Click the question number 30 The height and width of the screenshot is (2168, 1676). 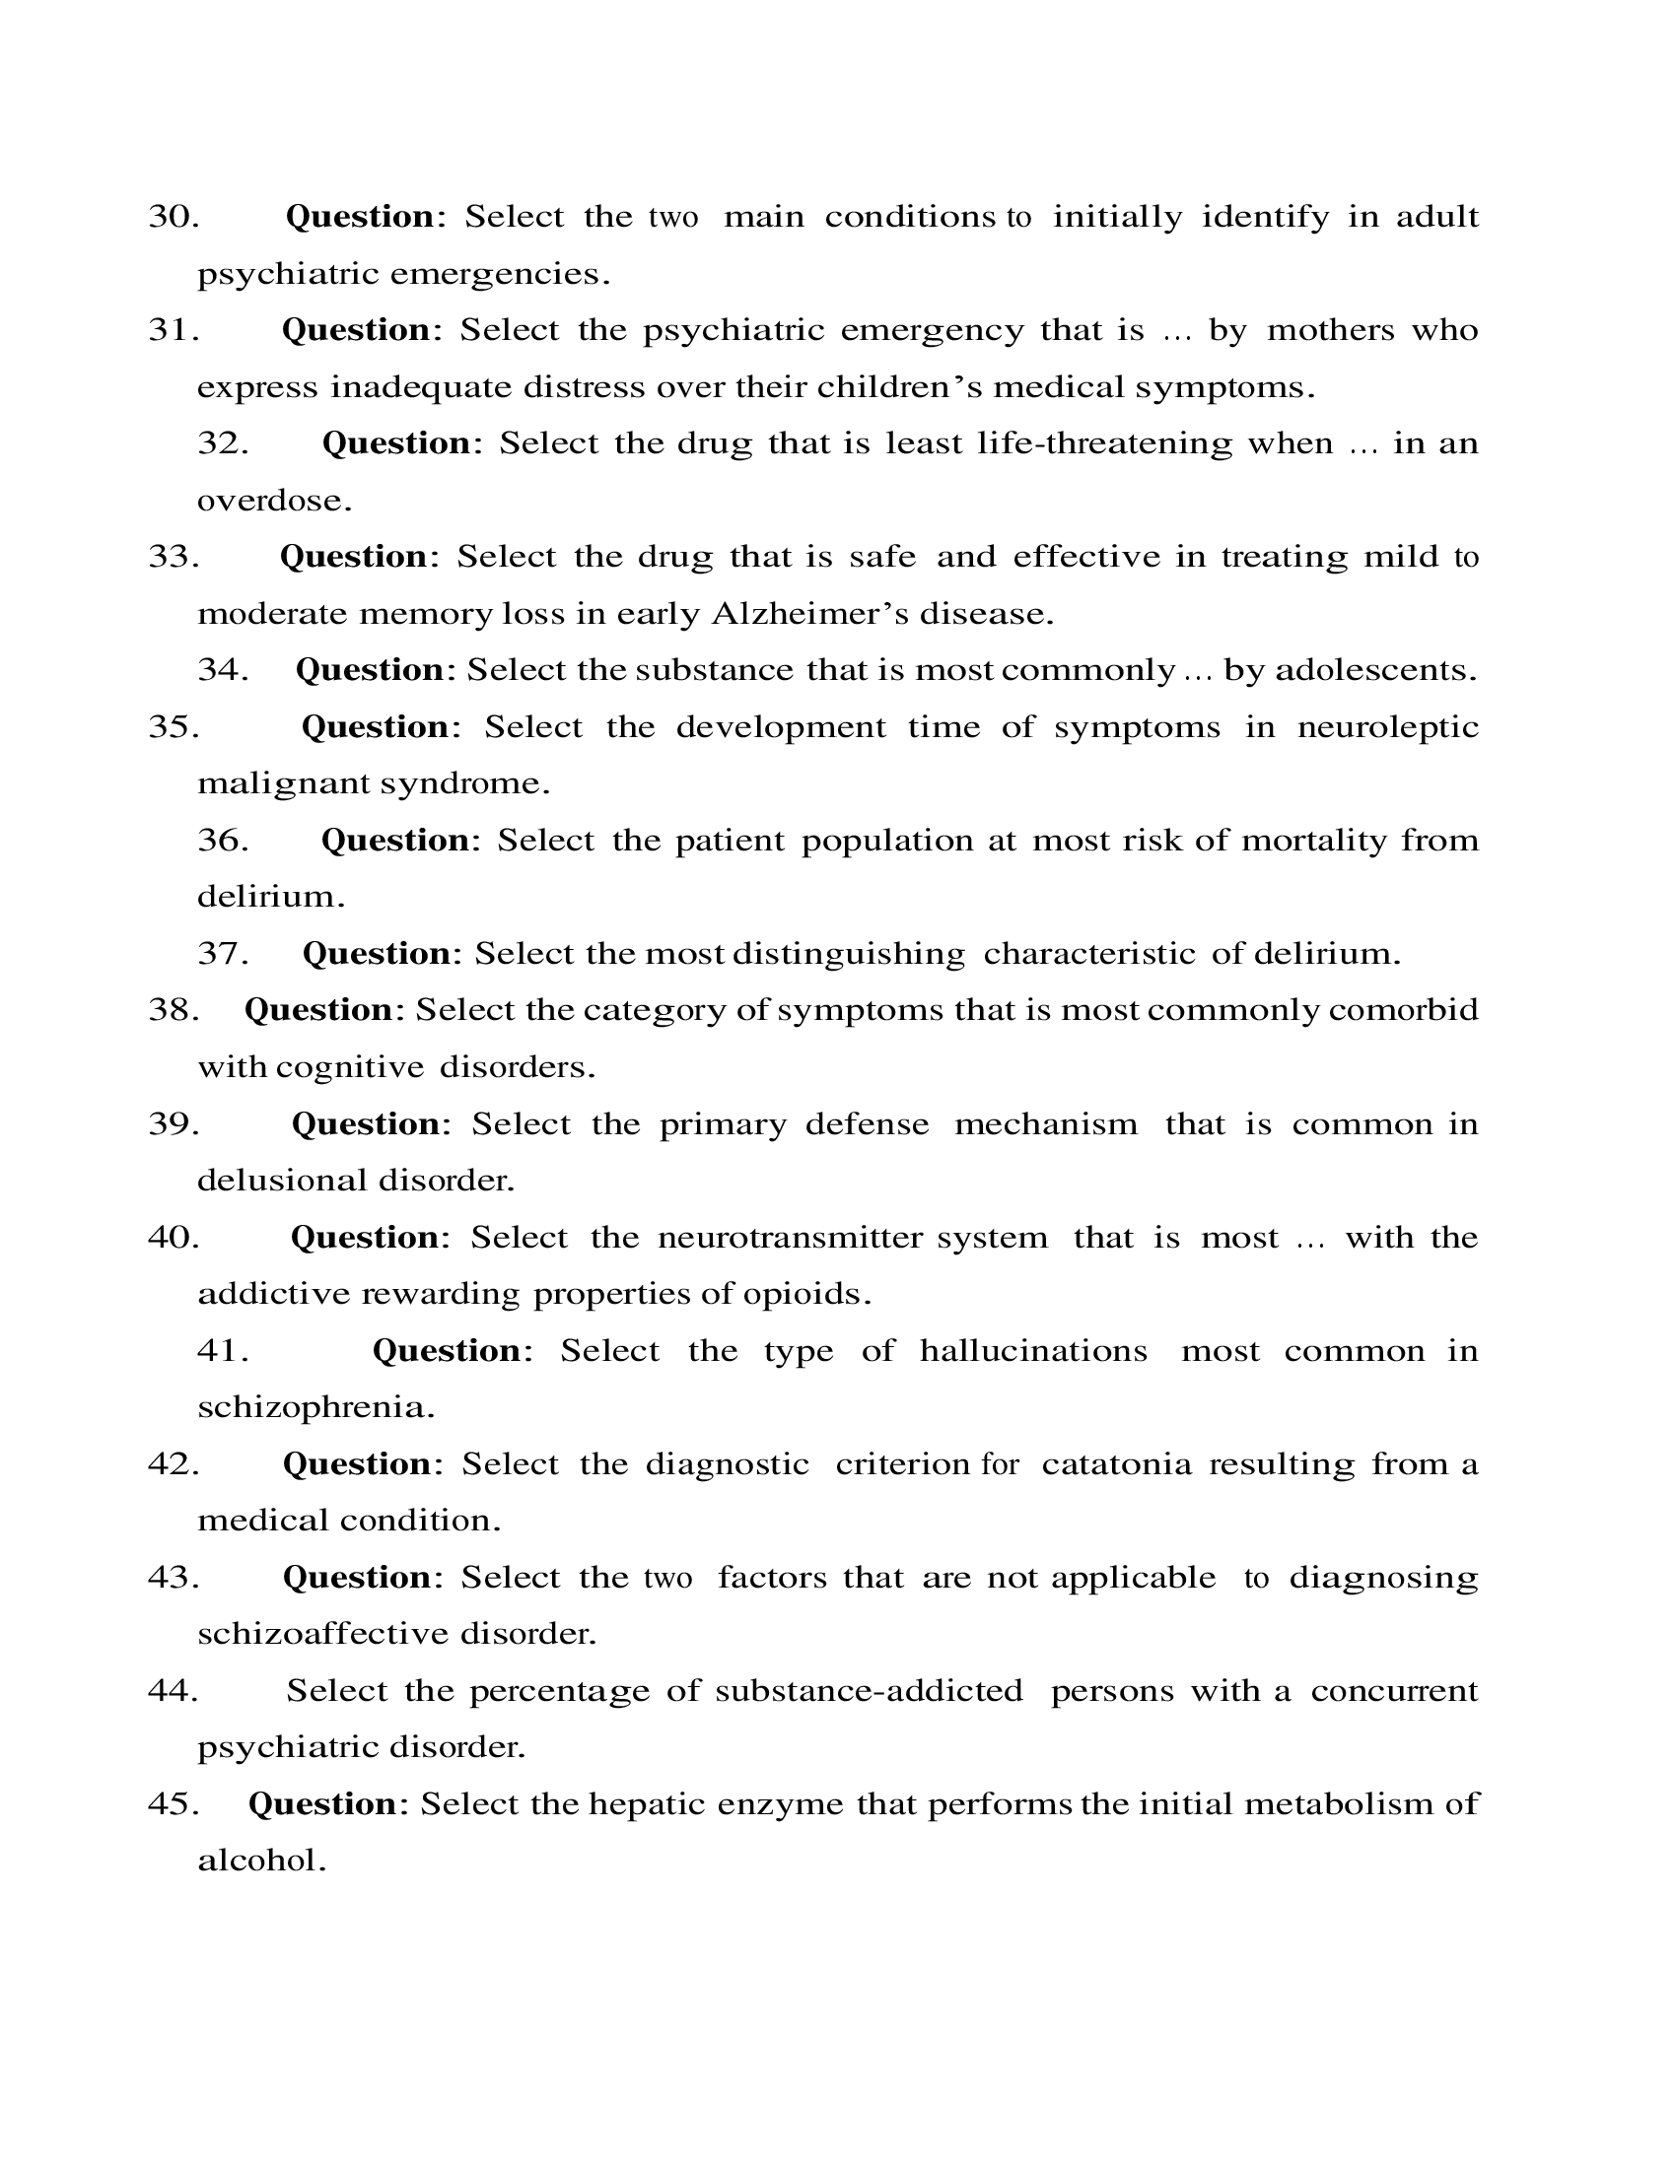coord(174,217)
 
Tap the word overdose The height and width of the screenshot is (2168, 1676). coord(274,501)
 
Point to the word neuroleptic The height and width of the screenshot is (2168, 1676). coord(1387,726)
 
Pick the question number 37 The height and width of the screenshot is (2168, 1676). coord(223,953)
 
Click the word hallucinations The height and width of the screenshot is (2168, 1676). coord(1032,1350)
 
